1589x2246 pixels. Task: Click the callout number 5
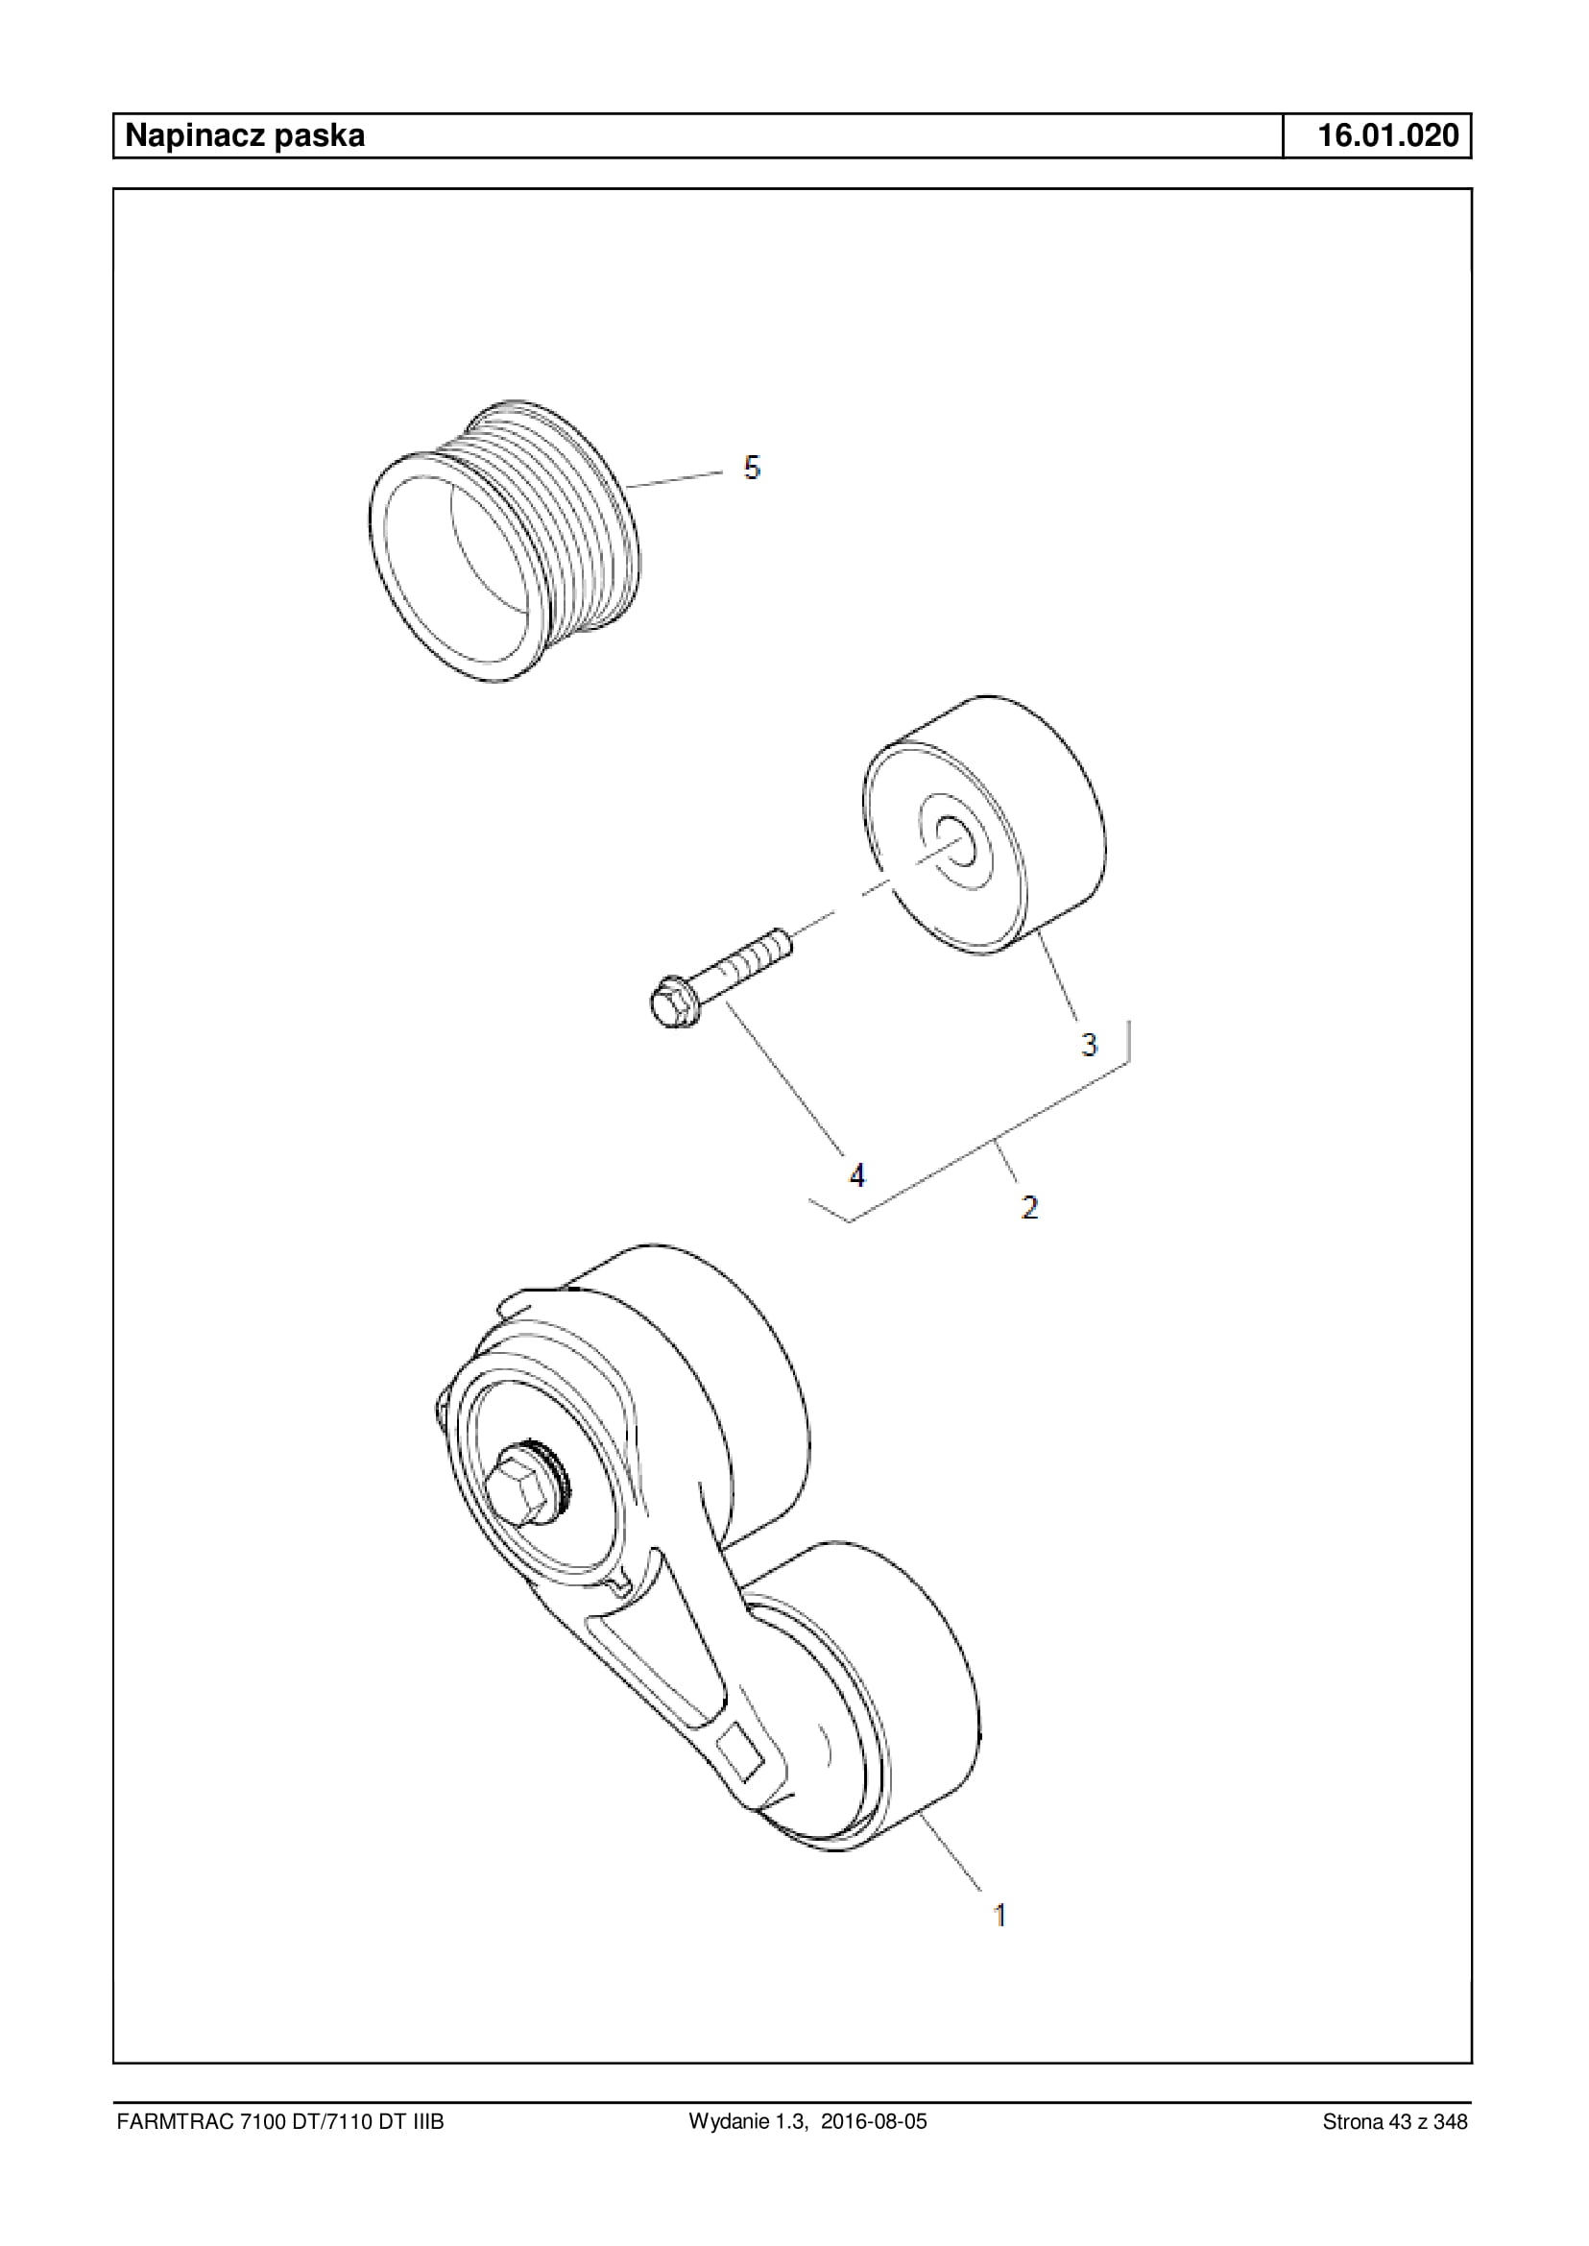(x=752, y=468)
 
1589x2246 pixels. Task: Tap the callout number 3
(x=1089, y=1044)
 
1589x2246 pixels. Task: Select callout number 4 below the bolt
(x=857, y=1174)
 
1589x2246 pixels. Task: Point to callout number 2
(x=1029, y=1207)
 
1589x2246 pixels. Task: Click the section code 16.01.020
(x=1388, y=135)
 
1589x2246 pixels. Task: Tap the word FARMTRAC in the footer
(x=174, y=2122)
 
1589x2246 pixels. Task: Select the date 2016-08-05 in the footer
(x=874, y=2122)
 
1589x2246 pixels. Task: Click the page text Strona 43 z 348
(x=1394, y=2122)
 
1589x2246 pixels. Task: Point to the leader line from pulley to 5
(x=675, y=478)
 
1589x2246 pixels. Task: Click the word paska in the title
(x=319, y=135)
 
